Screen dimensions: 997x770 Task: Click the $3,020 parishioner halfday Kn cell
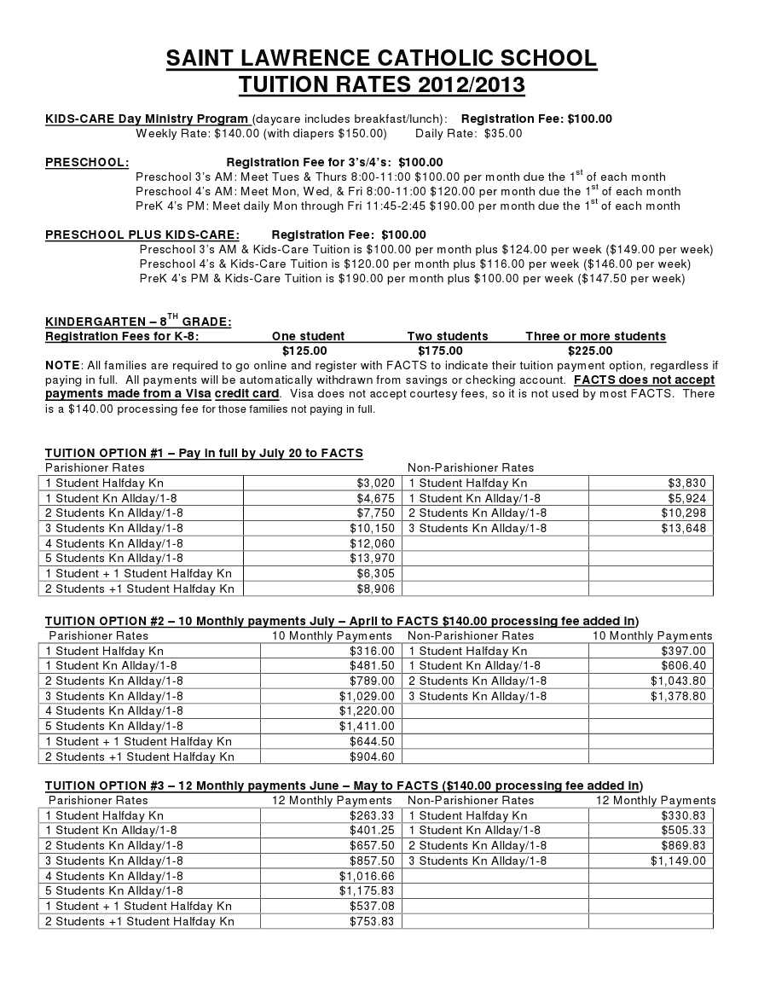click(x=375, y=483)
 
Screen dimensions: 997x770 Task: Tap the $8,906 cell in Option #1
click(x=375, y=588)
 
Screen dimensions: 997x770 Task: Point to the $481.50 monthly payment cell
click(x=372, y=666)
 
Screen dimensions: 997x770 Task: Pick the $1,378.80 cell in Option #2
click(x=678, y=696)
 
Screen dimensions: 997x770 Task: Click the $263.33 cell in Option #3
click(x=372, y=815)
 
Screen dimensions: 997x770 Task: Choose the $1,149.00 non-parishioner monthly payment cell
click(x=678, y=861)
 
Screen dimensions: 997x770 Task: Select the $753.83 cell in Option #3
click(x=372, y=921)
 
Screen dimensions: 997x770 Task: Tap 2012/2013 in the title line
click(x=471, y=85)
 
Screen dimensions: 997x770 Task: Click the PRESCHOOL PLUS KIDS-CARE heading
click(x=142, y=235)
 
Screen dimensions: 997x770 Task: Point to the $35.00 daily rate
click(x=503, y=134)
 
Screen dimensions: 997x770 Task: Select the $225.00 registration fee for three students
click(x=590, y=351)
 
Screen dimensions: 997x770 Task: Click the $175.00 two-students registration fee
click(x=440, y=351)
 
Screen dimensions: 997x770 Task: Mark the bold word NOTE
click(x=62, y=365)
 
